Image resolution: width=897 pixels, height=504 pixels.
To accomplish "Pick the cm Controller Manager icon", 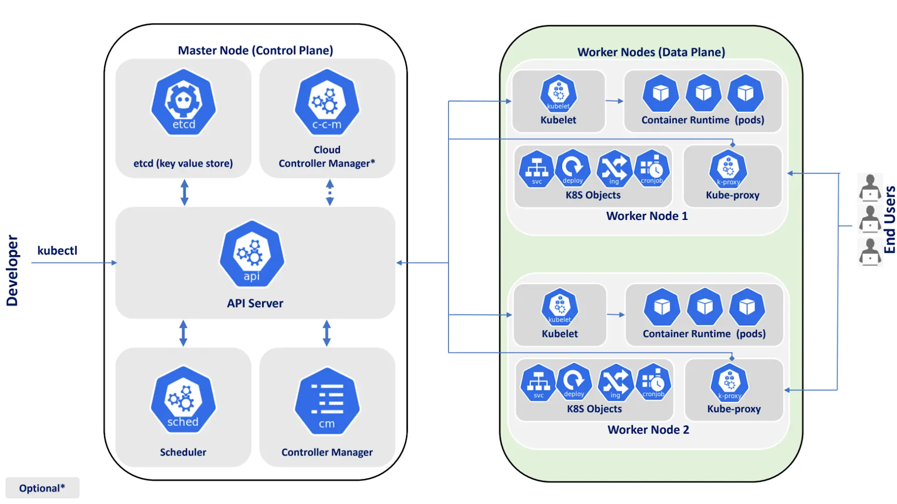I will pyautogui.click(x=327, y=401).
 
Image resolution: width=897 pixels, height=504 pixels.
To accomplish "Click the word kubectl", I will pyautogui.click(x=57, y=250).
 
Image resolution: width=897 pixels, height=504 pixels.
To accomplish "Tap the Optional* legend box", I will pyautogui.click(x=42, y=488).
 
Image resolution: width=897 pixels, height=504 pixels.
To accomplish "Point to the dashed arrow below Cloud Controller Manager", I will pyautogui.click(x=330, y=193).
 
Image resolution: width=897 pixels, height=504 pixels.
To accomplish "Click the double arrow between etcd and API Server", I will pyautogui.click(x=184, y=193).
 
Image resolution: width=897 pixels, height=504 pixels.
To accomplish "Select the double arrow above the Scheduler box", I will pyautogui.click(x=183, y=333).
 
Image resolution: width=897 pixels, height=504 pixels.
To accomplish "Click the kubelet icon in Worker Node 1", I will pyautogui.click(x=558, y=93).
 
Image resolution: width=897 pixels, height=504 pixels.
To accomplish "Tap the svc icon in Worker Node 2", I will pyautogui.click(x=538, y=383).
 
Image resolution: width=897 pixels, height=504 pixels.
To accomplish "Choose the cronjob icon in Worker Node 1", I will pyautogui.click(x=652, y=169).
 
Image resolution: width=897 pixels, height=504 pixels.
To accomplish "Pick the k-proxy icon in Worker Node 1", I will pyautogui.click(x=728, y=169).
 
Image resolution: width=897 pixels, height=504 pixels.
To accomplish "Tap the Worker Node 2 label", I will pyautogui.click(x=648, y=430).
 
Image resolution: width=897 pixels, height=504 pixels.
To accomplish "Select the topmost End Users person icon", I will pyautogui.click(x=870, y=187).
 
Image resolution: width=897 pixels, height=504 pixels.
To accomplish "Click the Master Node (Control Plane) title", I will pyautogui.click(x=255, y=50).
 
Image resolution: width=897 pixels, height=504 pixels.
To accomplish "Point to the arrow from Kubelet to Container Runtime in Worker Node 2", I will pyautogui.click(x=615, y=314).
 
